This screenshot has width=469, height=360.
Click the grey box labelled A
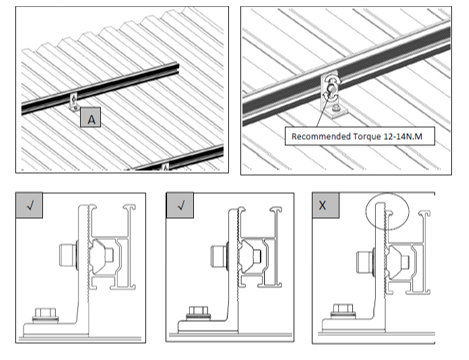coord(90,117)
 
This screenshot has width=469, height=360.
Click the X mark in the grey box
coord(322,205)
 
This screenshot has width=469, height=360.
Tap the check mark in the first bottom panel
coord(30,205)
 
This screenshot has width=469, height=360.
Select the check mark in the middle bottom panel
coord(181,205)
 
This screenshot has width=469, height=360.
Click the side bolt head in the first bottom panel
coord(68,255)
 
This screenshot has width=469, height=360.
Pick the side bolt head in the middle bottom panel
coord(219,256)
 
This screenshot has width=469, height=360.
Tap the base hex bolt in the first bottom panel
coord(46,314)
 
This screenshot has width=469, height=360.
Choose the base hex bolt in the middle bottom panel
coord(198,313)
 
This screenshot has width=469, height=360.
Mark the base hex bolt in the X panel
coord(344,311)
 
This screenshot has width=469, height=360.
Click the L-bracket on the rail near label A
coord(74,102)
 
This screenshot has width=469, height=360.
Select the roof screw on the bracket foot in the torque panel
coord(337,108)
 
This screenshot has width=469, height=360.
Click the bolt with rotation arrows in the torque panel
coord(331,89)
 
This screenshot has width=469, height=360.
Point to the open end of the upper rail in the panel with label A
coord(176,68)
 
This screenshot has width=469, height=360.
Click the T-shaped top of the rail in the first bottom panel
coord(129,207)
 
